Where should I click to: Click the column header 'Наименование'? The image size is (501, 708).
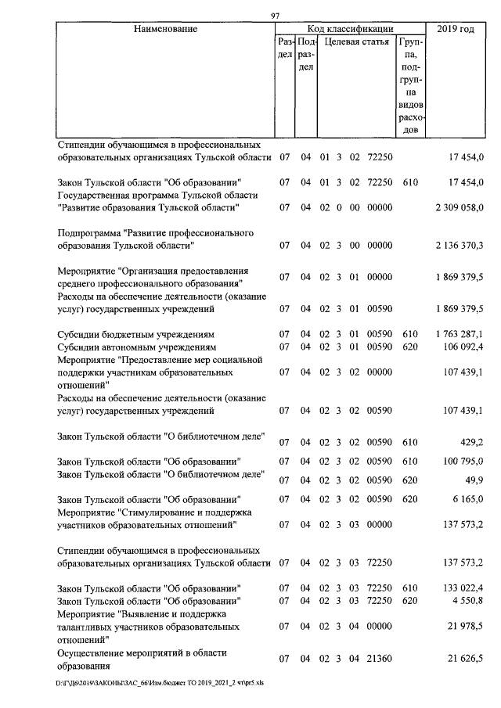coord(165,29)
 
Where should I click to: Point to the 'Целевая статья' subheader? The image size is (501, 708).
coord(356,41)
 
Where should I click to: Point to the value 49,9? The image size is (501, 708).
coord(472,480)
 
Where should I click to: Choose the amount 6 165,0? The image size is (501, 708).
coord(467,498)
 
